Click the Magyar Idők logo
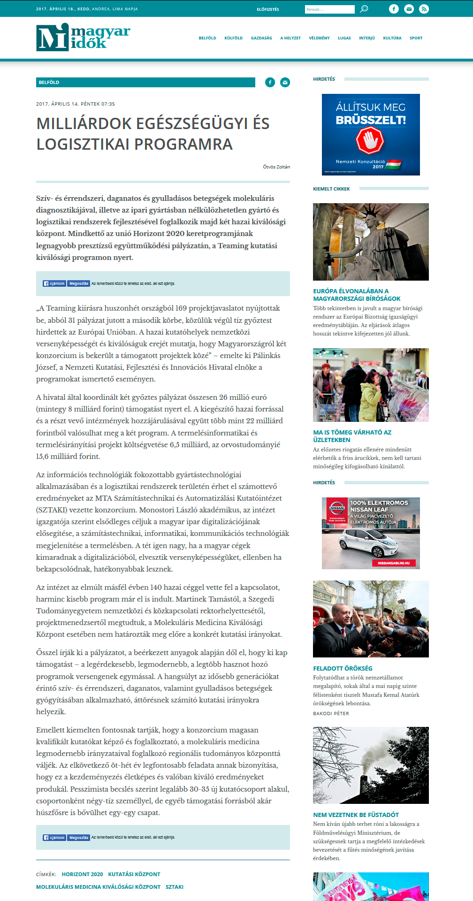[x=83, y=38]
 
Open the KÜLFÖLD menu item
[x=233, y=38]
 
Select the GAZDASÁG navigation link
[x=261, y=38]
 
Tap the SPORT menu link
[x=416, y=38]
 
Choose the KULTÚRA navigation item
[x=392, y=38]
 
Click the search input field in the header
[x=329, y=9]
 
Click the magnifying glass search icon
[x=364, y=9]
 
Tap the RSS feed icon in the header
[x=424, y=9]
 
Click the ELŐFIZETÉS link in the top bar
[x=268, y=9]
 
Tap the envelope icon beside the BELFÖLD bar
[x=285, y=83]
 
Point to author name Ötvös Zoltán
[x=276, y=167]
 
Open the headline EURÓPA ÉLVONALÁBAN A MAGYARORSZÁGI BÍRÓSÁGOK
[x=357, y=295]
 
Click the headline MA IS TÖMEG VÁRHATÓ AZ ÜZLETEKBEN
[x=352, y=436]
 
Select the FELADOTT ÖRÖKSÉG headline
[x=343, y=668]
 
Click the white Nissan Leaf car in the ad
[x=371, y=543]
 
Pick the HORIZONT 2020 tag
[x=82, y=874]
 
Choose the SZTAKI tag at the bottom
[x=175, y=887]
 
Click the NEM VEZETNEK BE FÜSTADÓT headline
[x=356, y=815]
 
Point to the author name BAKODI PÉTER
[x=331, y=713]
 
